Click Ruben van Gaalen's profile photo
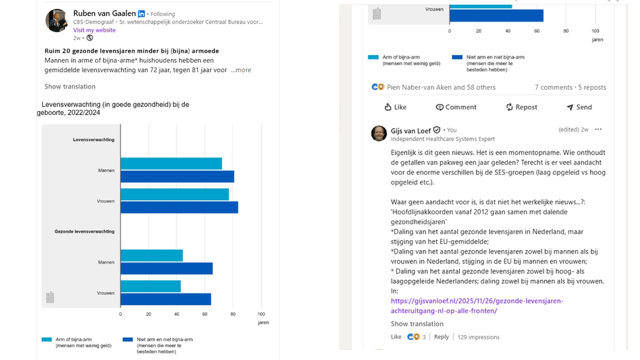coord(56,21)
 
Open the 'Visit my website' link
coord(94,30)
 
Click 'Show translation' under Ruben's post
coord(70,87)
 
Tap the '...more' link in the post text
coord(241,70)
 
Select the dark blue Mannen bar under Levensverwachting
coord(177,176)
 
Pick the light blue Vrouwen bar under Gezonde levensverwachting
coord(150,286)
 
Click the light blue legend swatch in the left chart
coord(47,339)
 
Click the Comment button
coord(456,107)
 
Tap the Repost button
coord(522,107)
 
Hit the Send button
coord(579,107)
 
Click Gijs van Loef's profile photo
coord(379,133)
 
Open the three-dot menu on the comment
coord(598,129)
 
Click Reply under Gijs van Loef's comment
coord(441,337)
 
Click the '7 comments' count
coord(553,87)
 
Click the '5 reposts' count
coord(592,87)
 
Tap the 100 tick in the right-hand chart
coord(595,31)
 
